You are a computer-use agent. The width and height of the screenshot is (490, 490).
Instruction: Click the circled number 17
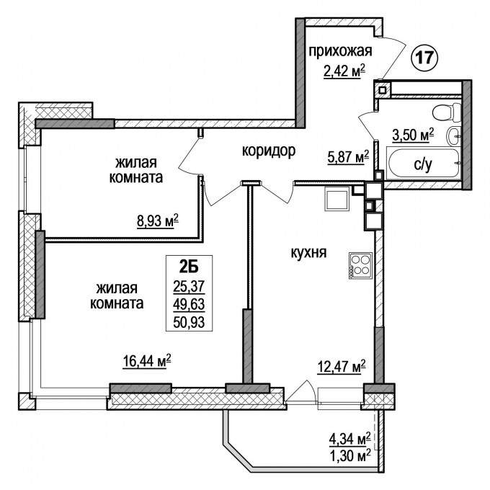(424, 58)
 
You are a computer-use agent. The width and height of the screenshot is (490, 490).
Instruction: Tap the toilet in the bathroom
(447, 112)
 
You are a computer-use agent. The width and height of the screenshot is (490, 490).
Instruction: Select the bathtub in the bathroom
(424, 164)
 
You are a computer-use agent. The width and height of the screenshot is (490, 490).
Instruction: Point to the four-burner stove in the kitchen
(360, 265)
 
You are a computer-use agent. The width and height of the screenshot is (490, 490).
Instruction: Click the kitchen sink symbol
(337, 199)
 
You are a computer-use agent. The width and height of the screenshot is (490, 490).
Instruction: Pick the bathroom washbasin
(454, 136)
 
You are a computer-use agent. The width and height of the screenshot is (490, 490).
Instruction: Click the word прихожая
(341, 51)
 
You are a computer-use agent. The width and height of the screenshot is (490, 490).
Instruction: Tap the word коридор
(269, 151)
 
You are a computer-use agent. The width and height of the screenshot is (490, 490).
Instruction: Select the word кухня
(308, 252)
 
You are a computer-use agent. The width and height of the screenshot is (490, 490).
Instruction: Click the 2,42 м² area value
(344, 71)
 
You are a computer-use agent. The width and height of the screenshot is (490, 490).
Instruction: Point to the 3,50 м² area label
(413, 135)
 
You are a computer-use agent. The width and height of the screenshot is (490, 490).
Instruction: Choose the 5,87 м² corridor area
(348, 157)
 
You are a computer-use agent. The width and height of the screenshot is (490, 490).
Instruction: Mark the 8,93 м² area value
(158, 221)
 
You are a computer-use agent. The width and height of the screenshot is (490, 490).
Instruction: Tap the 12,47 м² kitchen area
(342, 367)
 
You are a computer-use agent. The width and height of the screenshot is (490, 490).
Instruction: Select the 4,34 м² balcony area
(350, 440)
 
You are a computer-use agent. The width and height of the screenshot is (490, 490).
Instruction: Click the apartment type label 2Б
(189, 267)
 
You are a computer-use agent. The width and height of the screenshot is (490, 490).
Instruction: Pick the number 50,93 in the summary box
(189, 322)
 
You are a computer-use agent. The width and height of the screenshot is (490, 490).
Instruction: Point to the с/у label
(423, 165)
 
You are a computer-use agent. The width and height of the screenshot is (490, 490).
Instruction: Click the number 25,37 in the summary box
(189, 286)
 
